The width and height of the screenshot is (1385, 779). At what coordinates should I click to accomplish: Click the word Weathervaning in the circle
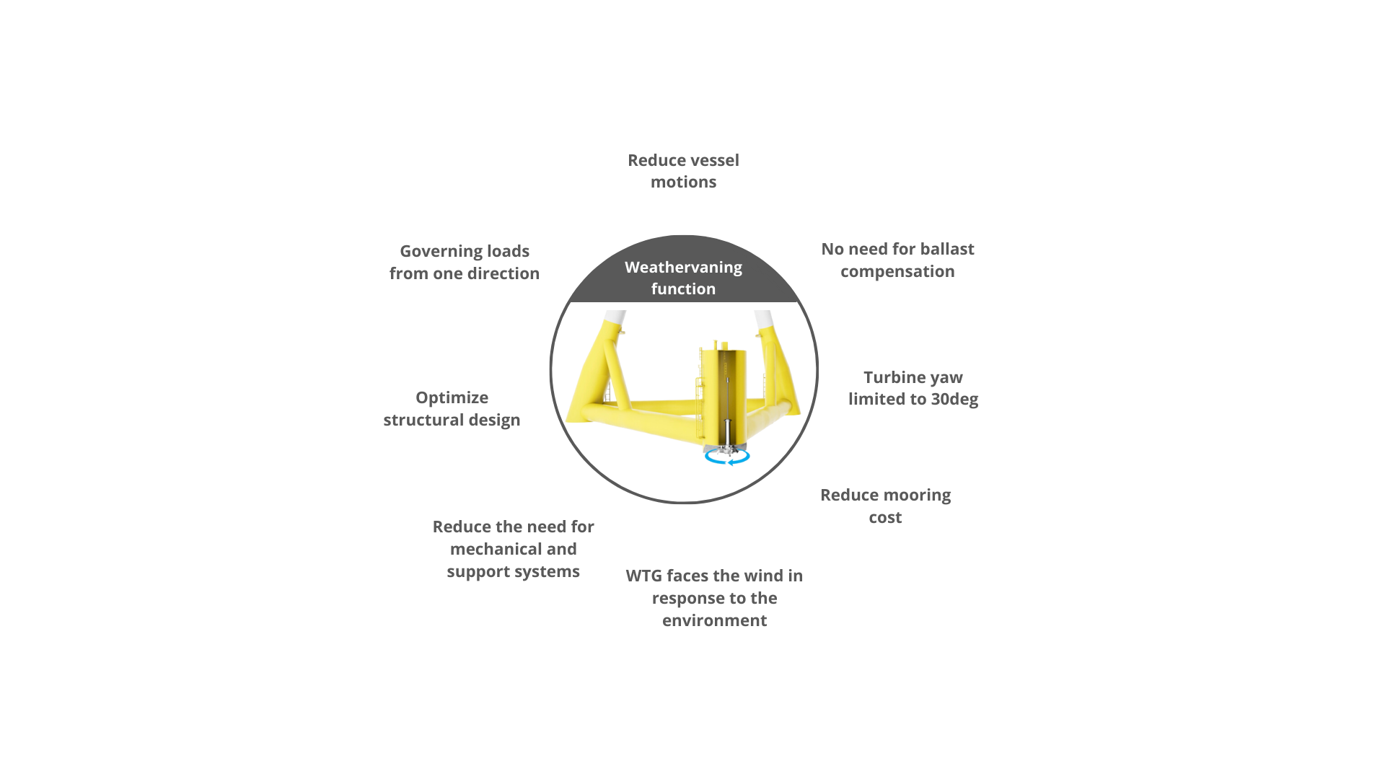pos(683,268)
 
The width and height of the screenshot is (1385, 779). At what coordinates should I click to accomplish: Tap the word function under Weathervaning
pos(683,289)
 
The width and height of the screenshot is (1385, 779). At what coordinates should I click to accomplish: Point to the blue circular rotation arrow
pos(728,457)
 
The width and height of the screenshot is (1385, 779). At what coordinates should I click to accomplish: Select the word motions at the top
pos(683,182)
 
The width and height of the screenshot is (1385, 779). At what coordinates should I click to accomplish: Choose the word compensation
pos(897,272)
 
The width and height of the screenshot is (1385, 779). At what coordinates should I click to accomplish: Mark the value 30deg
pos(954,399)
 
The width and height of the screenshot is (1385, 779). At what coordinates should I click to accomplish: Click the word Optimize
pos(452,398)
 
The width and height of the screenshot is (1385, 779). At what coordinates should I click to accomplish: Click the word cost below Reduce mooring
pos(885,518)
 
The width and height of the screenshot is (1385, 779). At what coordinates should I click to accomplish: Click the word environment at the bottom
pos(714,621)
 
